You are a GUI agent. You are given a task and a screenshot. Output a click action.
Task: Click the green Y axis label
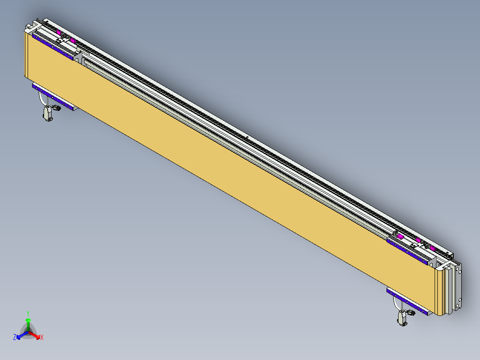pyautogui.click(x=28, y=313)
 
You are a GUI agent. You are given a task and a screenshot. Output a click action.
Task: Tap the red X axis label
pyautogui.click(x=42, y=338)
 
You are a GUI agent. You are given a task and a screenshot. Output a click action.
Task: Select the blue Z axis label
pyautogui.click(x=15, y=338)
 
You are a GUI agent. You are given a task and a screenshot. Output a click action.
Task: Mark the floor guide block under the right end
pyautogui.click(x=403, y=318)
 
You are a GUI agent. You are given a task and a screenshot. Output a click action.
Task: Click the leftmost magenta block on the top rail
pyautogui.click(x=59, y=32)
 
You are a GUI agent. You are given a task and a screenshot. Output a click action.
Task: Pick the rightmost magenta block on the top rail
pyautogui.click(x=431, y=247)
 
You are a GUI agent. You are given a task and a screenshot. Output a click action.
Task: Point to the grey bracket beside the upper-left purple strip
pyautogui.click(x=79, y=57)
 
